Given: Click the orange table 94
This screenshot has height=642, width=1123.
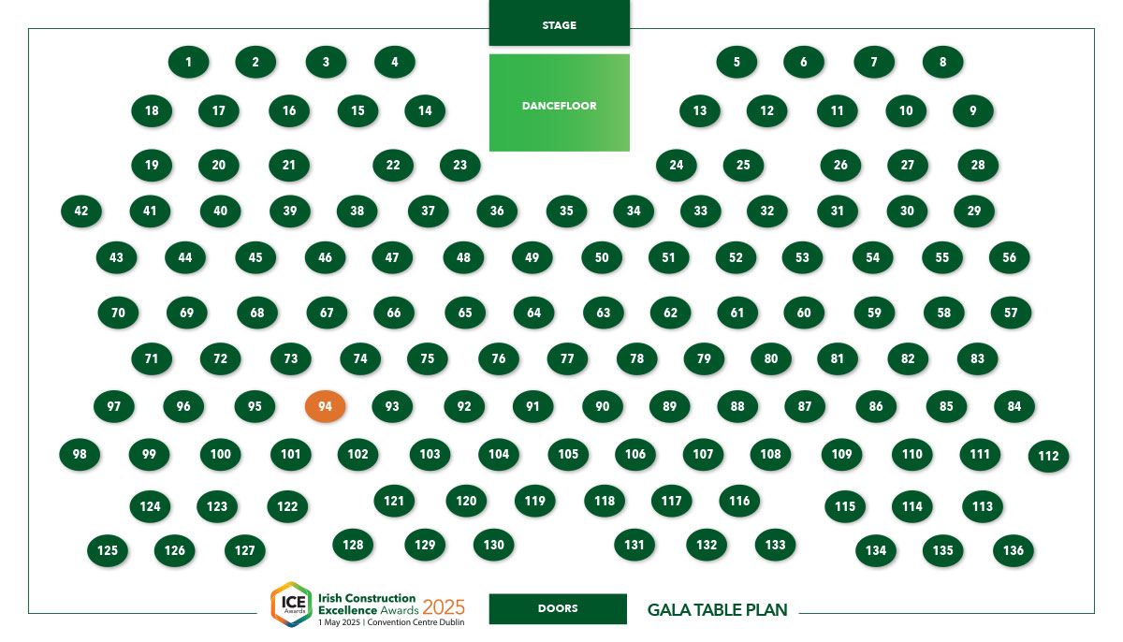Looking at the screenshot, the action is (x=325, y=406).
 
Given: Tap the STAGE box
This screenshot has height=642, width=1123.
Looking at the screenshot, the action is (x=559, y=23).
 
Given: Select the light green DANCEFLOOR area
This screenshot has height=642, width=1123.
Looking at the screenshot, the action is (x=559, y=103).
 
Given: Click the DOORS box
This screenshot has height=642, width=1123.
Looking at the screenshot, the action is (x=558, y=608).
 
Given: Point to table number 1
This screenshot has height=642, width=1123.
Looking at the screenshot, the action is (x=188, y=62).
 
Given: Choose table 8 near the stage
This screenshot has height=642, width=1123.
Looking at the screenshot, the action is (x=942, y=62).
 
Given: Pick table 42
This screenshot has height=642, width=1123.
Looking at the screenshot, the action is (x=81, y=211).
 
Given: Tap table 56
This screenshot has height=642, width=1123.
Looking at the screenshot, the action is (x=1009, y=257).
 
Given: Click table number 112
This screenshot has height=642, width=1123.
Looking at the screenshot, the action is (x=1048, y=456).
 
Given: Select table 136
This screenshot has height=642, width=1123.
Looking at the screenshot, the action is (x=1014, y=550).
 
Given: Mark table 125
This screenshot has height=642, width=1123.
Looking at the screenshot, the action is (x=108, y=550).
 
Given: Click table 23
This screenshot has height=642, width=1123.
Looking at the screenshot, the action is (x=459, y=165).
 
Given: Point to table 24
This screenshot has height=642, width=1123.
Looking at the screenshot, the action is (x=677, y=165).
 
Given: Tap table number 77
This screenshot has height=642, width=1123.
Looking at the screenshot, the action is (x=567, y=358).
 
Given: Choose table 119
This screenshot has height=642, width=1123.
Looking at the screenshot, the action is (x=535, y=501).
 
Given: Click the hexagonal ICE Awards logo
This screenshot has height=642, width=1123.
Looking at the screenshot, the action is (x=292, y=605).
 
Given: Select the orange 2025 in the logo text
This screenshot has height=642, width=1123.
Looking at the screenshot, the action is (x=444, y=607).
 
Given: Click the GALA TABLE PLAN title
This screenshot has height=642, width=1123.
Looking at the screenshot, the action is (x=718, y=610).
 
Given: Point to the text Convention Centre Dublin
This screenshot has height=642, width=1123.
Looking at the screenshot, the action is (x=416, y=622).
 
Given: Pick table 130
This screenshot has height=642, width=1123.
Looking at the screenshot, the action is (x=494, y=545).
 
